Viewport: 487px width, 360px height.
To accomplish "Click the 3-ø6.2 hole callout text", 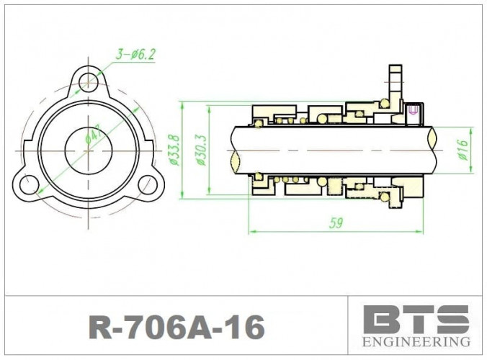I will (x=135, y=53).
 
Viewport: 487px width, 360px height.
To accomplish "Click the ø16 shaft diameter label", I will (x=463, y=149).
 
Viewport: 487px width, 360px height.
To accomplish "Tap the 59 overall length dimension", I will (x=336, y=223).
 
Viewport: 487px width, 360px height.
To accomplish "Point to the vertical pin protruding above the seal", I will (x=393, y=79).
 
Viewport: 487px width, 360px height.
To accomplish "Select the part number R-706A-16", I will (x=176, y=328).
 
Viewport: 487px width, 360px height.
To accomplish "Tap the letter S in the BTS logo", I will (x=452, y=319).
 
